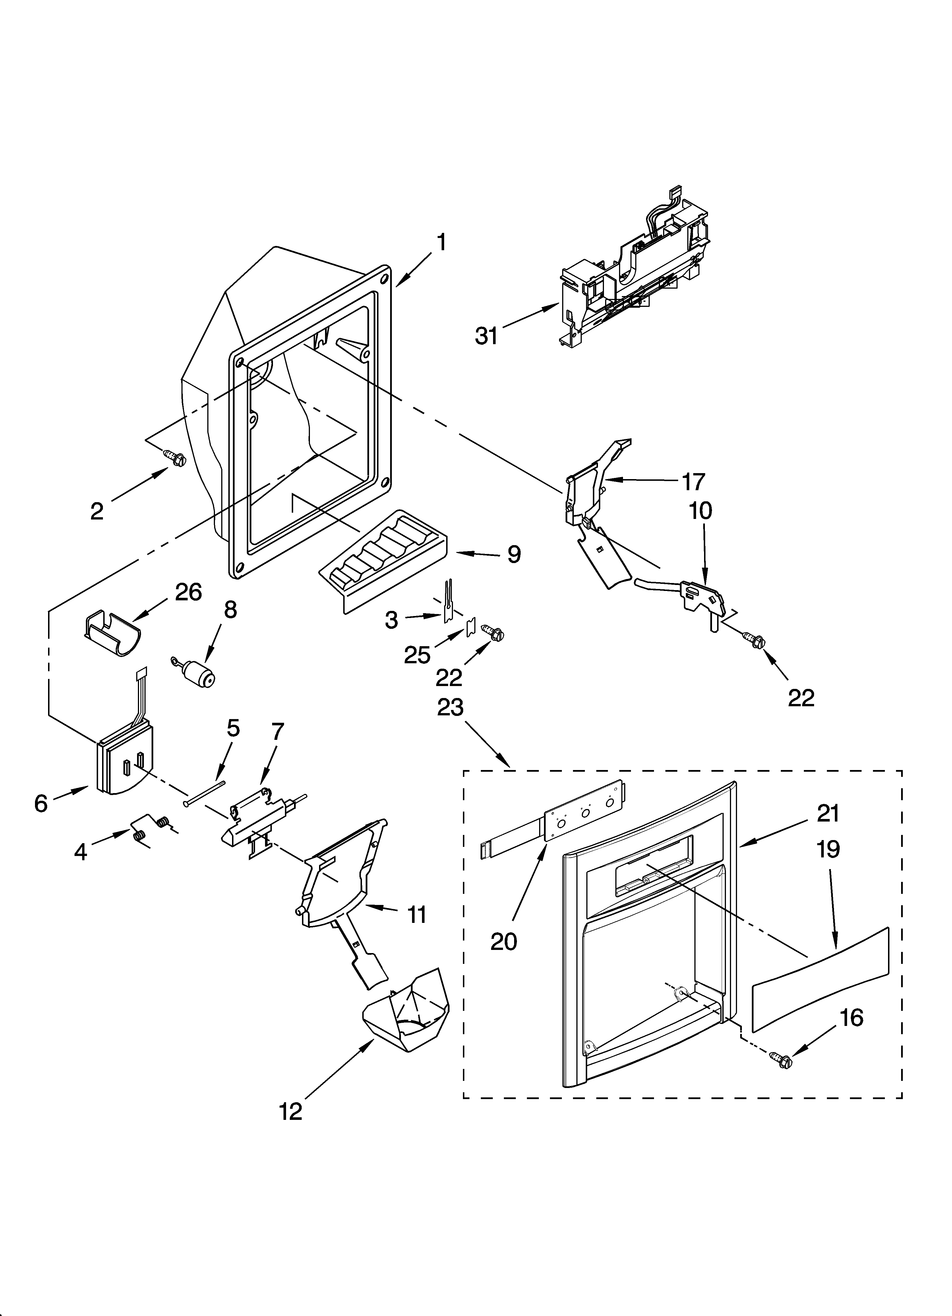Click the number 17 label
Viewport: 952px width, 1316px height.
(x=693, y=482)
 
